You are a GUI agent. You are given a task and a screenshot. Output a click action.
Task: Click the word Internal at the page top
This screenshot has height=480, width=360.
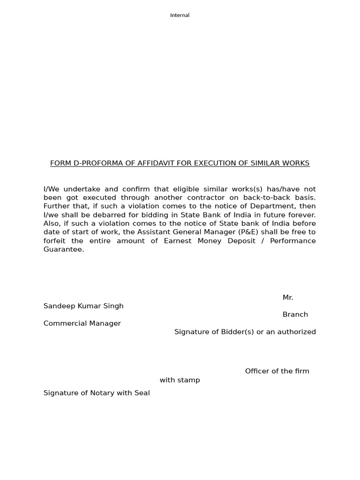[x=180, y=15]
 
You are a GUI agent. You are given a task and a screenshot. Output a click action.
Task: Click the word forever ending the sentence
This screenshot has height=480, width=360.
[x=302, y=215]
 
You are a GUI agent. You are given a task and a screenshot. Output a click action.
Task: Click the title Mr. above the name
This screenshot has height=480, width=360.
[x=288, y=298]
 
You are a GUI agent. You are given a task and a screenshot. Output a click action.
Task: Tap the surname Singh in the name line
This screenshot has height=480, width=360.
[x=114, y=306]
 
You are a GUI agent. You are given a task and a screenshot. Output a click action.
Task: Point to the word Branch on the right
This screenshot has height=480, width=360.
[x=295, y=315]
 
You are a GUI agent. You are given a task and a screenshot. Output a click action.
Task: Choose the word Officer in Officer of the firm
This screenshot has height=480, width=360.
[x=257, y=371]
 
